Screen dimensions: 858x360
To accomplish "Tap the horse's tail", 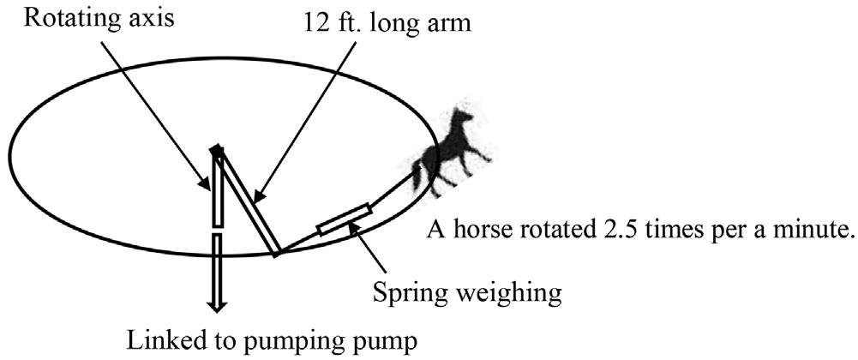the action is point(417,176).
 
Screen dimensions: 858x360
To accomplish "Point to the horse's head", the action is point(464,116).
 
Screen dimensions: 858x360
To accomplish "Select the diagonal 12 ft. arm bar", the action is point(248,202).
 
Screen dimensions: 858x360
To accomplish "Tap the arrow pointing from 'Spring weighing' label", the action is point(381,255).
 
